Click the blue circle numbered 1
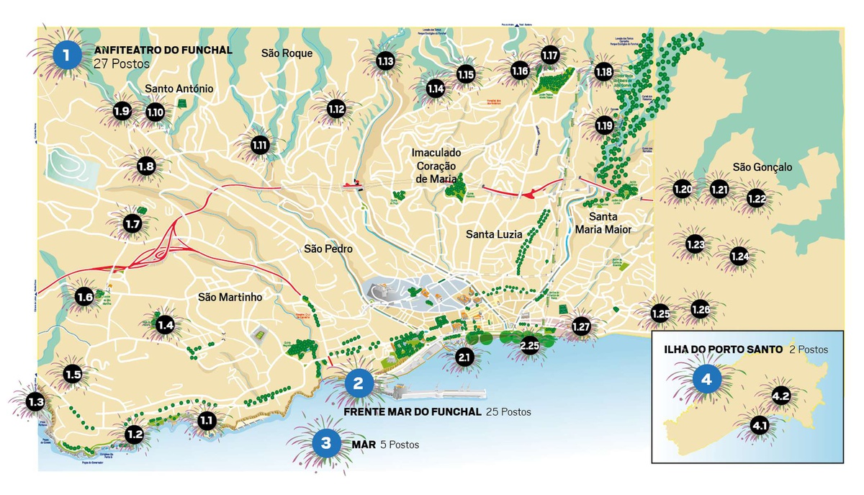[x=67, y=54]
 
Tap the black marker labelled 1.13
[x=385, y=61]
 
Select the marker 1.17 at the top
[x=550, y=55]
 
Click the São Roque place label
[x=287, y=53]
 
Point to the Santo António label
[x=179, y=89]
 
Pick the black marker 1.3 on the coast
[x=35, y=402]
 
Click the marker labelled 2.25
[x=529, y=346]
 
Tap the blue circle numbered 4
[x=706, y=379]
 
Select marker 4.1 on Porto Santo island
[x=760, y=426]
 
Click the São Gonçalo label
[x=762, y=167]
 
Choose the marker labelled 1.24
[x=739, y=256]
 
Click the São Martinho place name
[x=230, y=297]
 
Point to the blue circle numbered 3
[x=325, y=443]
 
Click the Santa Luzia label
[x=494, y=234]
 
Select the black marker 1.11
[x=260, y=145]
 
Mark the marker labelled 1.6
[x=85, y=297]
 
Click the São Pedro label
[x=328, y=249]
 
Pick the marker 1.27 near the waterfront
[x=581, y=326]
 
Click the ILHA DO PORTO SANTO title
[x=723, y=349]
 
